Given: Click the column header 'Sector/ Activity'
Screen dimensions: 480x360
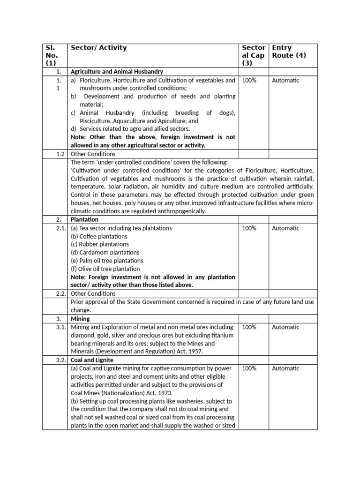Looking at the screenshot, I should coord(98,48).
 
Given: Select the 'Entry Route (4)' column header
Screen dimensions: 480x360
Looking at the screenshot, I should coord(289,52).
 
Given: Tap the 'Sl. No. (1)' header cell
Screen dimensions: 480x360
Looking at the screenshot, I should coord(50,55).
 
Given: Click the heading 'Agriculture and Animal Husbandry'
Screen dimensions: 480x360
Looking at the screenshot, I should coord(117,72).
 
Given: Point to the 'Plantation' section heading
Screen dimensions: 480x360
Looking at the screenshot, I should coord(84,219).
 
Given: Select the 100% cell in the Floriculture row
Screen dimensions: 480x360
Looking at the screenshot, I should coord(249,80).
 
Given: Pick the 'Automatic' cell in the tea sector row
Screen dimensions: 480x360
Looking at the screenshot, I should coord(285,228).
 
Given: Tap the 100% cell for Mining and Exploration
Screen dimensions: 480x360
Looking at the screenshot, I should coord(249,327).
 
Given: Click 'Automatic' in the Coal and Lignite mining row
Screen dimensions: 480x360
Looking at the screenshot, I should coord(285,368).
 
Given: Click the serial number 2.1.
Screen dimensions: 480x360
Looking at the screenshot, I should coord(61,228).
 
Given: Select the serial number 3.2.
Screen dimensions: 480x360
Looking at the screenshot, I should coord(61,360).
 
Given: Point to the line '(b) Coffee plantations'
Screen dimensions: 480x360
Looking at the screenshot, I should coord(99,236).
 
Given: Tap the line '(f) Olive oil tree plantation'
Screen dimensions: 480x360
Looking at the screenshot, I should coord(105,269).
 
